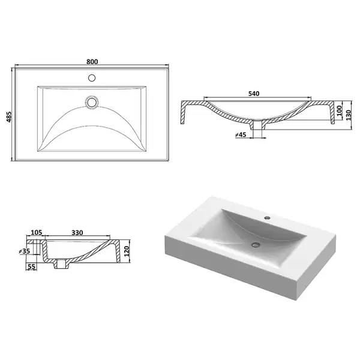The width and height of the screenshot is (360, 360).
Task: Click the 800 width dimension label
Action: (x=92, y=62)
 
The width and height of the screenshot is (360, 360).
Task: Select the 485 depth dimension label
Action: (x=9, y=117)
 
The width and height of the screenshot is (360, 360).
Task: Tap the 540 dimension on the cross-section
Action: (x=254, y=94)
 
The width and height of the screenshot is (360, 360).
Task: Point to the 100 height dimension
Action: (x=340, y=110)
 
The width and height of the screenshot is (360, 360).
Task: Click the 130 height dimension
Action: (x=349, y=115)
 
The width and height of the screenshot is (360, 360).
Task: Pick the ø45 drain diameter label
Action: (x=241, y=135)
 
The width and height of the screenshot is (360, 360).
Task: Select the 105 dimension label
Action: (x=37, y=233)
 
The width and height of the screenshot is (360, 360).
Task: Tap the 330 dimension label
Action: (x=77, y=233)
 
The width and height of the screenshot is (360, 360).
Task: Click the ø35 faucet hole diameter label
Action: (x=25, y=251)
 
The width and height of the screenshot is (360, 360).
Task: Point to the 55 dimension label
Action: (x=32, y=266)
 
